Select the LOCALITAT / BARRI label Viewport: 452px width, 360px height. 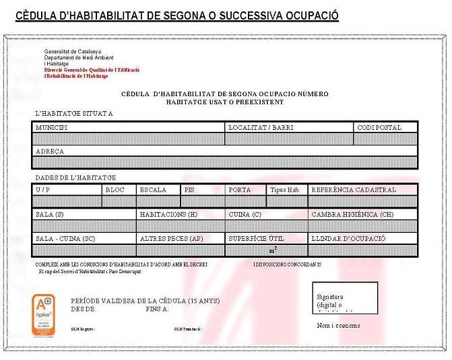[x=260, y=127]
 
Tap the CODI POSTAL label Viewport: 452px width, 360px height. [x=379, y=127]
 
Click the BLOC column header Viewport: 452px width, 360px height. [x=115, y=190]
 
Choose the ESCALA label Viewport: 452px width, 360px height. [x=153, y=190]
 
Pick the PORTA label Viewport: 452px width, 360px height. [x=239, y=190]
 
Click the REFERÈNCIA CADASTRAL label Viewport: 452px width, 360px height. [x=354, y=190]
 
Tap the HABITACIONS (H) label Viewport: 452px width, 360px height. [x=168, y=214]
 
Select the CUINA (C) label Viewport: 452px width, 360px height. [x=245, y=214]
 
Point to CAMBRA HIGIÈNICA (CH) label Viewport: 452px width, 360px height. [x=352, y=214]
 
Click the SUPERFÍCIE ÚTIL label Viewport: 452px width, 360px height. [x=256, y=238]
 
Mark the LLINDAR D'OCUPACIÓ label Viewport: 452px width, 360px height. [x=348, y=238]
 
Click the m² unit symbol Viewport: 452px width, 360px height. [x=273, y=250]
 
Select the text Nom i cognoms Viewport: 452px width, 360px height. [x=338, y=326]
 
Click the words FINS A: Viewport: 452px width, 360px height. [x=157, y=309]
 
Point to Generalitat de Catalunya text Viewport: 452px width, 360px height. [x=72, y=52]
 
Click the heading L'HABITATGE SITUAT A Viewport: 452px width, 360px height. [x=74, y=113]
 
